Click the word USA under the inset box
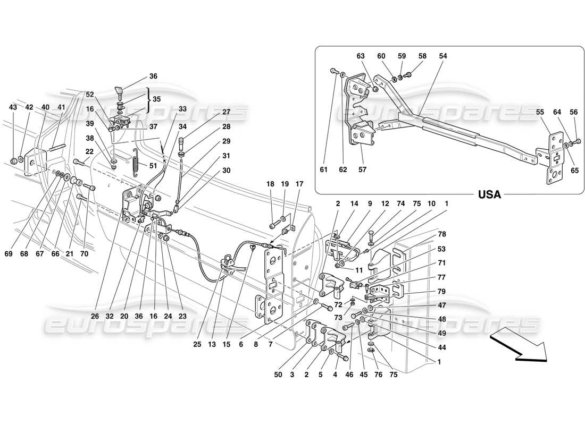click(x=489, y=194)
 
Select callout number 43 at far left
click(x=13, y=107)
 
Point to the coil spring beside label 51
click(x=136, y=160)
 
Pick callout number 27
click(x=226, y=112)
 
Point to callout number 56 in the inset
click(x=573, y=112)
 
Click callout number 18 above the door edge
click(x=270, y=184)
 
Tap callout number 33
click(x=182, y=108)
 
